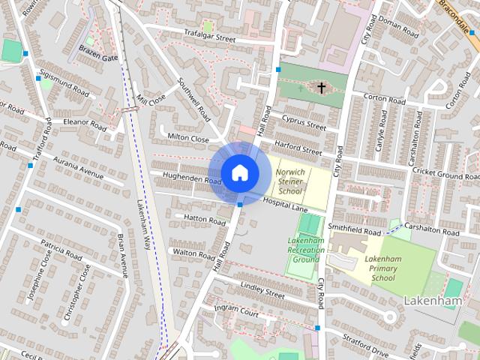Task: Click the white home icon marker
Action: (239, 172)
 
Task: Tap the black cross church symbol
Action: (322, 88)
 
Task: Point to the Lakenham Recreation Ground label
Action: (305, 250)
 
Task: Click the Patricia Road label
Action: (62, 249)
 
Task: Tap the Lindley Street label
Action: (260, 291)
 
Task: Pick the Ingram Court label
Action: (235, 308)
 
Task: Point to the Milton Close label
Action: (188, 139)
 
